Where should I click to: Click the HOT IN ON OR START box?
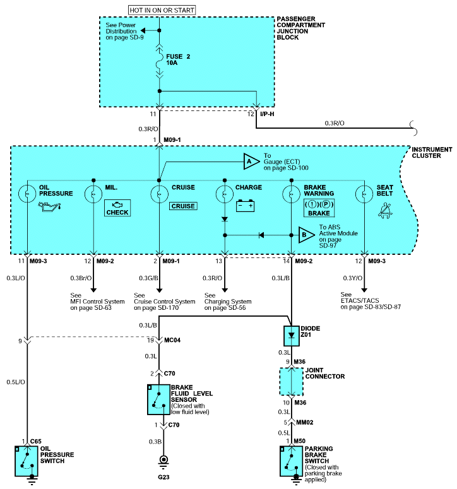162,10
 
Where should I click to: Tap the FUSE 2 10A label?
178,59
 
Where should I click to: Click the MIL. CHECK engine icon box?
117,208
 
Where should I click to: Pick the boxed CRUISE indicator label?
183,206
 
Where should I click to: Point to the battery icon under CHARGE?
245,206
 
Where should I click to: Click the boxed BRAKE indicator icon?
319,208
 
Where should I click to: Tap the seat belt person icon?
385,211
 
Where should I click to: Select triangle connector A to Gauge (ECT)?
251,162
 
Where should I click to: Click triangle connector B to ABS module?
306,235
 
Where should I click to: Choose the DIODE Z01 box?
292,336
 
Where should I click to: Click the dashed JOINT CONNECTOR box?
292,382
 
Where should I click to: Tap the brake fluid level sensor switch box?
159,399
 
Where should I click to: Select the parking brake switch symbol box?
292,461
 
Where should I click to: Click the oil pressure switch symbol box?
27,461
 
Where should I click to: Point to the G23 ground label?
163,477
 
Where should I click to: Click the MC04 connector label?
172,340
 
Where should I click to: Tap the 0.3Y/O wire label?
352,278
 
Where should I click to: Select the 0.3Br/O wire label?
81,278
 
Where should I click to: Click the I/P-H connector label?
267,114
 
